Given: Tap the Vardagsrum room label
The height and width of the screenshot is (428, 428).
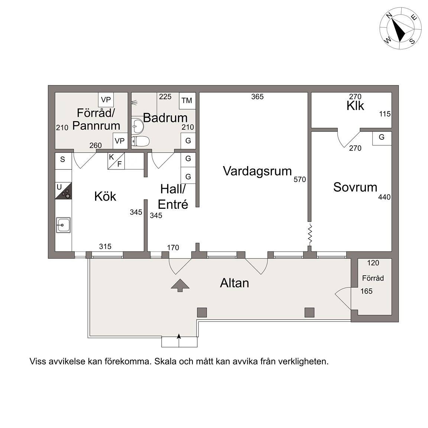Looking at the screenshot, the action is click(257, 171).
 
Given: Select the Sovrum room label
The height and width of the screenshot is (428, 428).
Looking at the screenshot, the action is click(355, 187).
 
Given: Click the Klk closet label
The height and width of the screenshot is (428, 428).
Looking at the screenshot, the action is click(355, 106).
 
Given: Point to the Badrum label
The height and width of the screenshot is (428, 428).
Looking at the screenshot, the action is click(165, 118).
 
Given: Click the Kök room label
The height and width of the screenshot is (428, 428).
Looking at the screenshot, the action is click(105, 196).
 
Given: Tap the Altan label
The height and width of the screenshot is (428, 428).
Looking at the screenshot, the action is click(234, 283).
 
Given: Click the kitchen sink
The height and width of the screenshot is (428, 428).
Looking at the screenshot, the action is click(63, 225).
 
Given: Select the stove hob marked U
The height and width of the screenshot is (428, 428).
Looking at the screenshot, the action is click(63, 191).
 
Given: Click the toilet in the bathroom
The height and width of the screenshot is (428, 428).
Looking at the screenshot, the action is click(140, 142).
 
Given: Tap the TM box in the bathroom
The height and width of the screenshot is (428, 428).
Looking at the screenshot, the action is click(187, 100).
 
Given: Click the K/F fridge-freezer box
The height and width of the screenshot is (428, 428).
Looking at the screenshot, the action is click(116, 161).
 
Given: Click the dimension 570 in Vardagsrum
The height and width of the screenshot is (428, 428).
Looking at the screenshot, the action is click(300, 179).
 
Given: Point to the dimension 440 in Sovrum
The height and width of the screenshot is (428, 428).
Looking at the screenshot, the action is click(384, 197).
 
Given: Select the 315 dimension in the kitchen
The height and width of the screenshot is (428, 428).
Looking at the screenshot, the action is click(105, 246).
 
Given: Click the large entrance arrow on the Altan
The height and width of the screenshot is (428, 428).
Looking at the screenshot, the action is click(180, 285).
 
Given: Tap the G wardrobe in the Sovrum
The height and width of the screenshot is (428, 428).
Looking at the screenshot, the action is click(382, 138).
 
